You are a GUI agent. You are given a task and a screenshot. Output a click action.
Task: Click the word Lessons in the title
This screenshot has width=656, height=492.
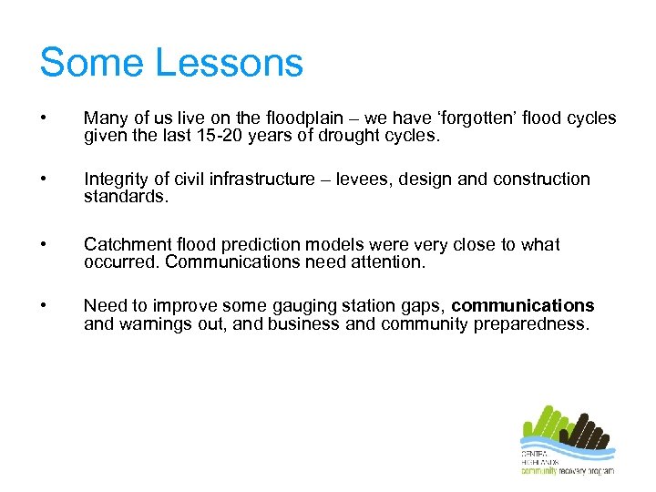[x=230, y=63]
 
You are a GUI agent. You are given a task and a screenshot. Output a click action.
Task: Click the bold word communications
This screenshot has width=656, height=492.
[x=522, y=306]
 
